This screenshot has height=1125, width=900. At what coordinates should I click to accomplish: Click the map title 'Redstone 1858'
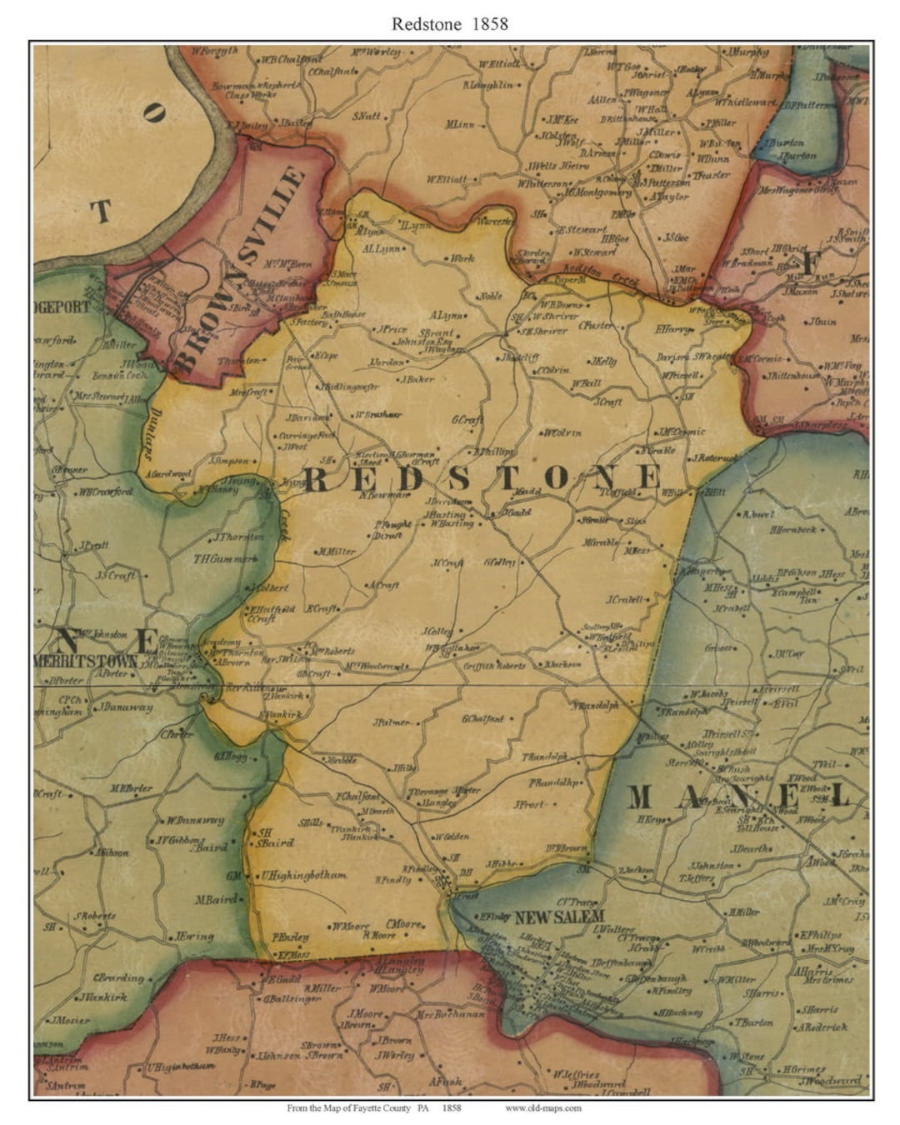tap(449, 23)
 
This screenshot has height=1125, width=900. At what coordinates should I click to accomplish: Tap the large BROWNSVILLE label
tap(241, 268)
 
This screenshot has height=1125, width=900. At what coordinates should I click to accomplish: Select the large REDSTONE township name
tap(481, 477)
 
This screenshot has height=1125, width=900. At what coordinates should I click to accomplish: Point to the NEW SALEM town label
tap(559, 917)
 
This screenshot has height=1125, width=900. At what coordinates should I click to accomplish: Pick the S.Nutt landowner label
tap(367, 117)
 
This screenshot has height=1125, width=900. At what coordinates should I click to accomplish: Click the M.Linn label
tap(460, 125)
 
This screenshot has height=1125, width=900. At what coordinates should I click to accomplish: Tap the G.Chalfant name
tap(483, 718)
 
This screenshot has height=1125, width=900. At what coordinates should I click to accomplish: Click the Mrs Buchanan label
tap(450, 1014)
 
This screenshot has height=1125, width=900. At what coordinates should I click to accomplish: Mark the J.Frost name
tap(529, 804)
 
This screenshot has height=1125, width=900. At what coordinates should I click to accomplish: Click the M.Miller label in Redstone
tap(336, 552)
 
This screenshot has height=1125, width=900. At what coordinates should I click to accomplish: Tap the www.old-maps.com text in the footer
tap(542, 1107)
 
